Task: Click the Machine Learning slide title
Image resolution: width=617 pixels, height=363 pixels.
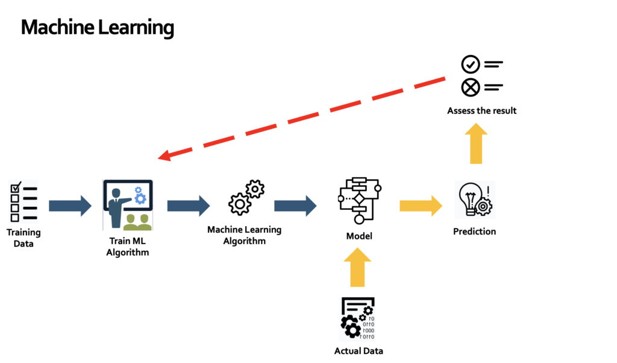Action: [97, 28]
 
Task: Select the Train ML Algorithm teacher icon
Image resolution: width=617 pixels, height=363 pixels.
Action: [128, 205]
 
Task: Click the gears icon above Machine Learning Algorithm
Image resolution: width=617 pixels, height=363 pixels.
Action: [245, 198]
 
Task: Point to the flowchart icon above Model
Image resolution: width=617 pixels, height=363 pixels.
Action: [360, 201]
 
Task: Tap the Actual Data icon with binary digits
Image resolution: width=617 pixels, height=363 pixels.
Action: [358, 318]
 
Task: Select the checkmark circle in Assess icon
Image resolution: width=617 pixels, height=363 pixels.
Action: [470, 64]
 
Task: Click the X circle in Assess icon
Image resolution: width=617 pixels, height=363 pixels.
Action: [470, 87]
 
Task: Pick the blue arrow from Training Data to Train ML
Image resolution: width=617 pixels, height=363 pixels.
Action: [70, 206]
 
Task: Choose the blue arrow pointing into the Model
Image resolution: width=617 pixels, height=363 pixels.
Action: [295, 206]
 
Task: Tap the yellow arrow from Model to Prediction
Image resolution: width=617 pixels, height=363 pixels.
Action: [421, 206]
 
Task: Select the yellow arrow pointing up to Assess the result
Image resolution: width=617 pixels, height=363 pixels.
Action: [476, 143]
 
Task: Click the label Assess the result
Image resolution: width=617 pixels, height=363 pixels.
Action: [481, 111]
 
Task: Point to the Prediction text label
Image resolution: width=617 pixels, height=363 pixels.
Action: [474, 232]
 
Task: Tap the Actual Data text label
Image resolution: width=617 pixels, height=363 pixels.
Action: [359, 351]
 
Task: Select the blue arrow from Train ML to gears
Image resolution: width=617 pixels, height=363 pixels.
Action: [188, 206]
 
